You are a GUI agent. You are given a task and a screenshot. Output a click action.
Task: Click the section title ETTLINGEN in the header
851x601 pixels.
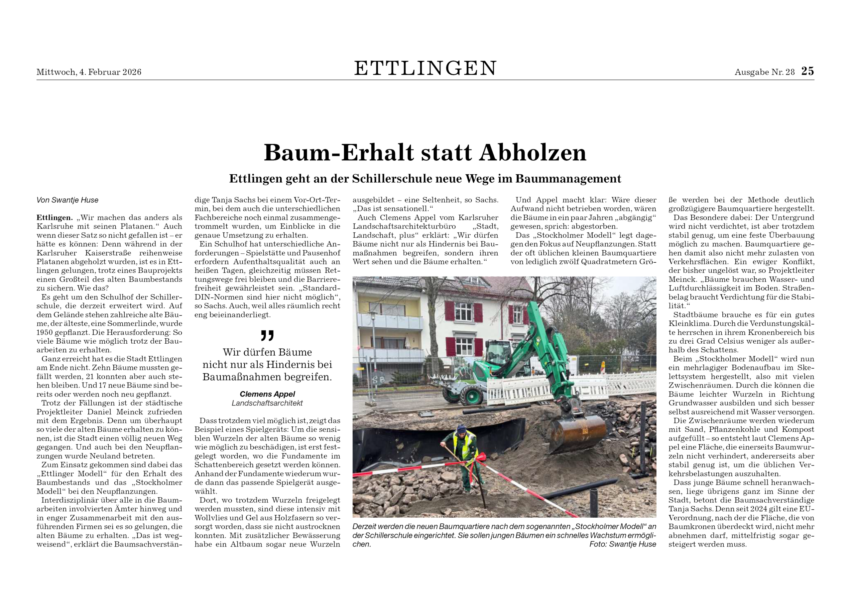tap(425, 68)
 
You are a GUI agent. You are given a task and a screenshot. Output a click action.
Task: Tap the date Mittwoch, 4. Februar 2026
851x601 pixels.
tap(89, 72)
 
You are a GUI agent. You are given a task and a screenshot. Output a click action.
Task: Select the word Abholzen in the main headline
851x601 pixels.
tap(533, 152)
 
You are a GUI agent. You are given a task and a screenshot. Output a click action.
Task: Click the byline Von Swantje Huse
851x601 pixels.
tap(67, 200)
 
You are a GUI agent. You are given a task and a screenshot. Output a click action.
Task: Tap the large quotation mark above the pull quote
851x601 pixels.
tap(267, 335)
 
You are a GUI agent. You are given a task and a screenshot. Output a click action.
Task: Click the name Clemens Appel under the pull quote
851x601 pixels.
tap(267, 394)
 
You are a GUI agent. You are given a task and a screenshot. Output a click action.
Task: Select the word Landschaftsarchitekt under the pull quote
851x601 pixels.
tap(267, 403)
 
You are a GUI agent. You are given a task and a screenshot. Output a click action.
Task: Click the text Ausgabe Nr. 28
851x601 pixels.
tap(765, 72)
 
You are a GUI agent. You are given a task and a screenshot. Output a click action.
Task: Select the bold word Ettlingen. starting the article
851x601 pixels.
tap(55, 218)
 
